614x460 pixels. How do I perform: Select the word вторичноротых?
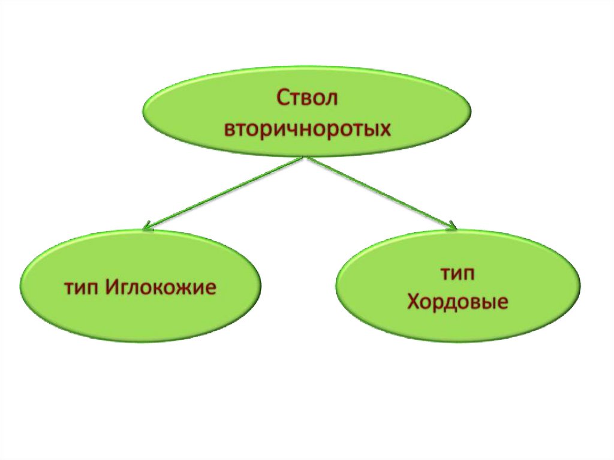(x=307, y=128)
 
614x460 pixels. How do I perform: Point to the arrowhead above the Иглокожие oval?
(x=148, y=227)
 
